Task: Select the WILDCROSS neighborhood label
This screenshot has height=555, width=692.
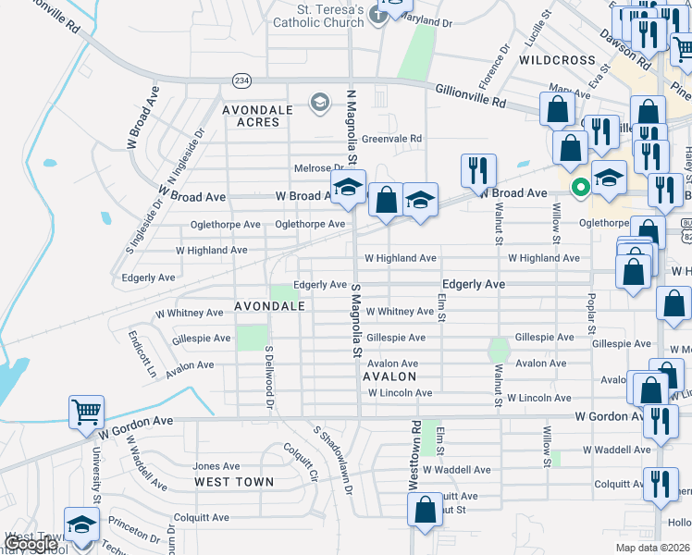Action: (x=557, y=60)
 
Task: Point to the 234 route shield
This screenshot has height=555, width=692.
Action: (x=241, y=81)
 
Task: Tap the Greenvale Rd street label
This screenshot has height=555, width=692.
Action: (x=391, y=139)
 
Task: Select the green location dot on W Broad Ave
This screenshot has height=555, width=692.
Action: (x=581, y=188)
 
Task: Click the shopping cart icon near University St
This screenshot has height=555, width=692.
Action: (x=86, y=412)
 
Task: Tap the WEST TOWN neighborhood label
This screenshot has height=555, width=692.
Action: (x=234, y=482)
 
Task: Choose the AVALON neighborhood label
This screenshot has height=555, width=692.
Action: (x=389, y=377)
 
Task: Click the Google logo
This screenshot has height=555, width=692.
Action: (x=30, y=544)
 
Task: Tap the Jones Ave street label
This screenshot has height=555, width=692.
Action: (x=216, y=466)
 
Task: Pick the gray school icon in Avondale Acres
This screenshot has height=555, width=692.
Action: (x=320, y=101)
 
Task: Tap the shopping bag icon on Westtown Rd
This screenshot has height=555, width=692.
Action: (x=425, y=510)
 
